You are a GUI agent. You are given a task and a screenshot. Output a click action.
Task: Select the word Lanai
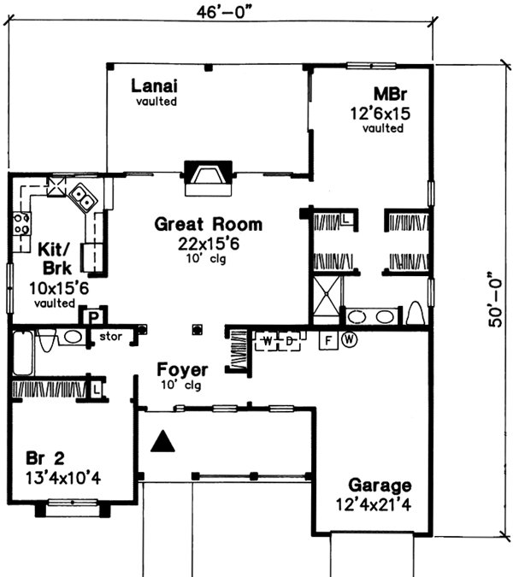155,85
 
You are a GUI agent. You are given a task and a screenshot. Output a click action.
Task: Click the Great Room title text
208,225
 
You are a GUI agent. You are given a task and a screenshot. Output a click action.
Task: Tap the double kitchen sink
83,198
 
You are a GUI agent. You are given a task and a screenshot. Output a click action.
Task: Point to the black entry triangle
162,441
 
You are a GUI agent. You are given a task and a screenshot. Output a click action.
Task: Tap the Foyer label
182,371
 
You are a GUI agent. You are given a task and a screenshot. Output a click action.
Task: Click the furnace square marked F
327,339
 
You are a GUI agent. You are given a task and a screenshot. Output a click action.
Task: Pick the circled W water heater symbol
349,339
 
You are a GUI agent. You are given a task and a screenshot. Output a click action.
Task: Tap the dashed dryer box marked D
290,340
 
